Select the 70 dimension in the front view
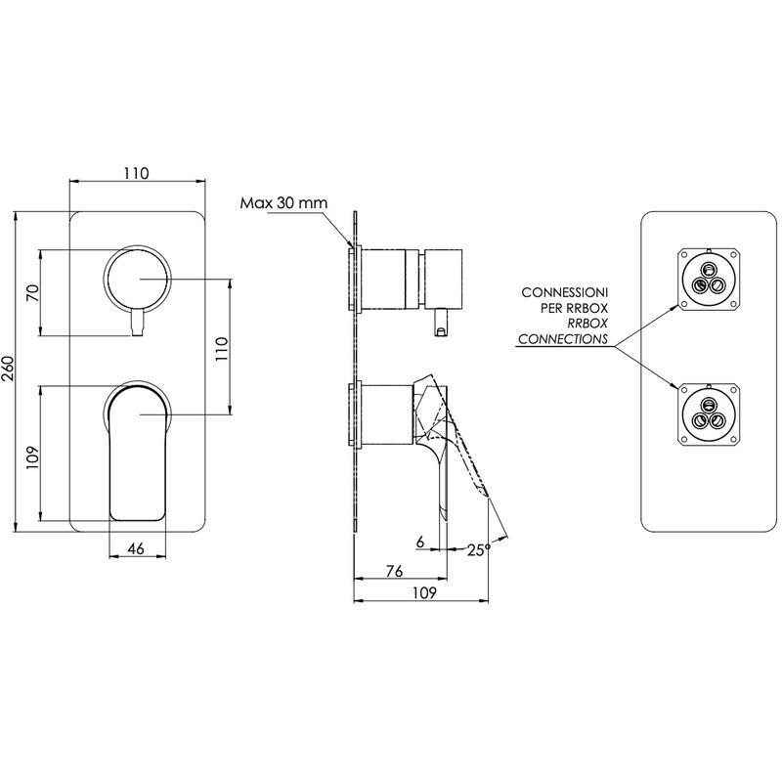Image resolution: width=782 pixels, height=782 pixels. [x=33, y=292]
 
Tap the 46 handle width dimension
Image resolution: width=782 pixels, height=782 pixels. [x=136, y=548]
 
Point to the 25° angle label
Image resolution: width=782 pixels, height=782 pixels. [x=479, y=550]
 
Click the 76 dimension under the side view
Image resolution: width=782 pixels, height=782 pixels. [x=394, y=571]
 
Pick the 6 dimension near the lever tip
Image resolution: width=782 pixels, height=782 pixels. [x=420, y=542]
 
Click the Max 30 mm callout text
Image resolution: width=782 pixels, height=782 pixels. [x=283, y=203]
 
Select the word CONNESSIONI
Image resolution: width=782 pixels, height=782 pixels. [x=565, y=292]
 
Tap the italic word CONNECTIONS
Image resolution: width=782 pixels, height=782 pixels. [x=563, y=339]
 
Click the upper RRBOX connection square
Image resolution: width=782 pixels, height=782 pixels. [x=708, y=279]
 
